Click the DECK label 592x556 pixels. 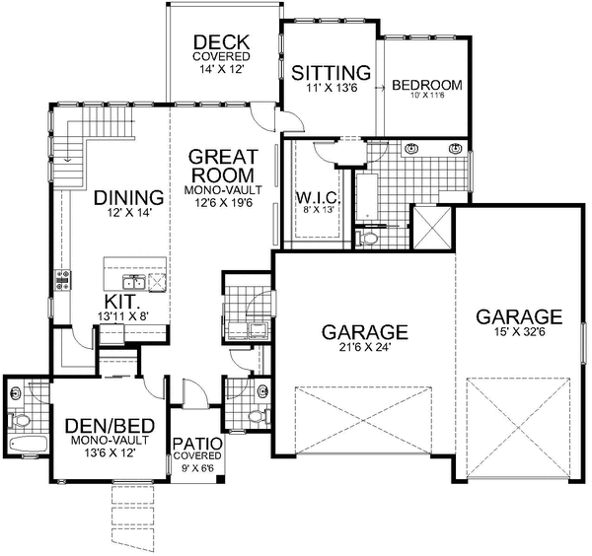coord(221,42)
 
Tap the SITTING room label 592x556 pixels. coord(332,73)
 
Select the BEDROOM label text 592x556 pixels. coord(426,86)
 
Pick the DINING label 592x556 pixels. coord(128,196)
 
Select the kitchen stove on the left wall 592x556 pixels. coord(62,279)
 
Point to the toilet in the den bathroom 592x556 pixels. coord(20,395)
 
